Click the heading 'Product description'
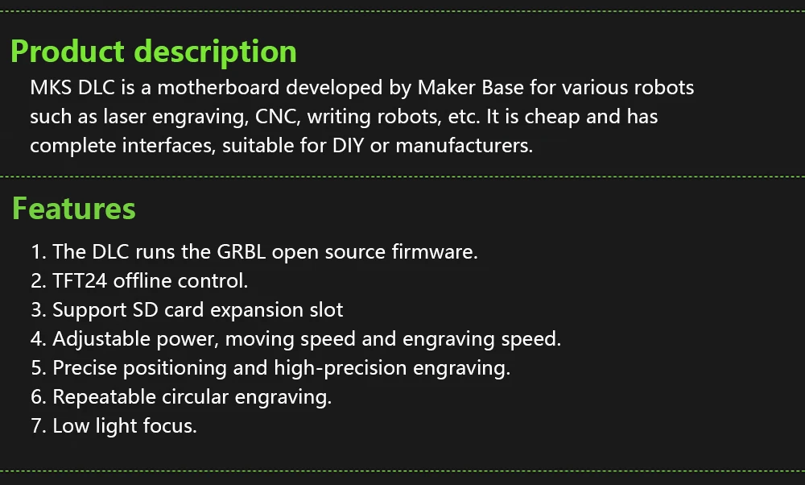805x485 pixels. click(x=154, y=52)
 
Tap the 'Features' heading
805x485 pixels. click(x=74, y=209)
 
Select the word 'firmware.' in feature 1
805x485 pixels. click(x=435, y=251)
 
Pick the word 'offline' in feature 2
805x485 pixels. click(x=142, y=280)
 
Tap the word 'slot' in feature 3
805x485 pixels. click(x=327, y=309)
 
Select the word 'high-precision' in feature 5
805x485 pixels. click(x=341, y=367)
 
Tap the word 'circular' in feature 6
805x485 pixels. click(x=192, y=396)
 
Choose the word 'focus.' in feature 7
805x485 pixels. click(x=170, y=425)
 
